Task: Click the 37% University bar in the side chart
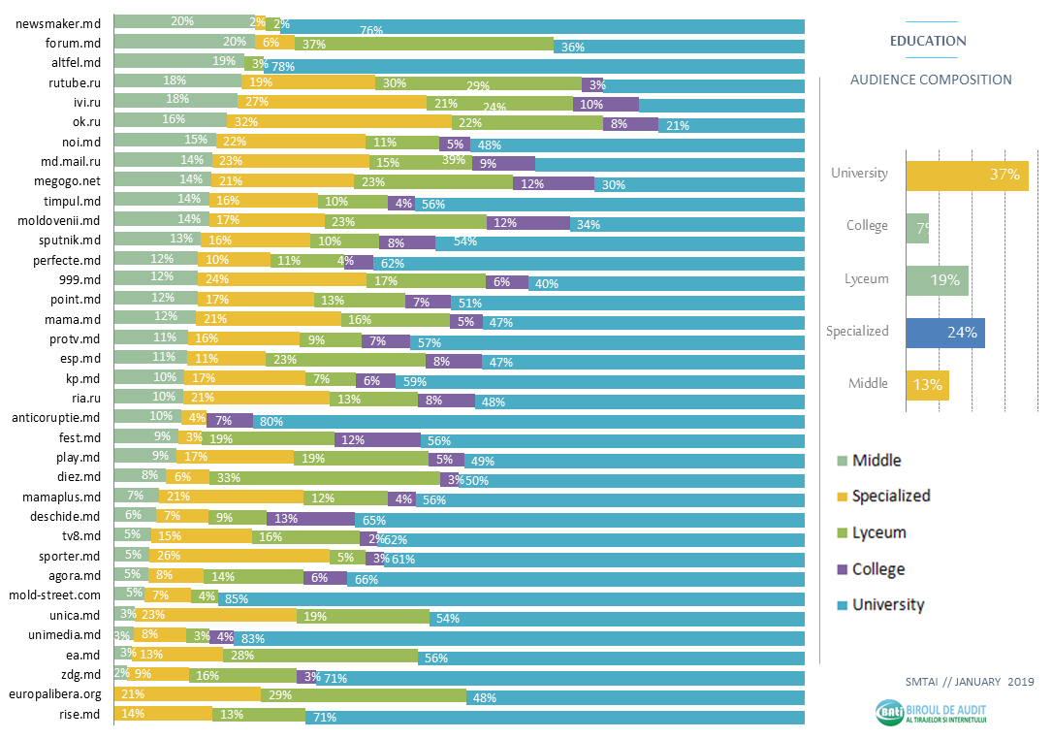(967, 175)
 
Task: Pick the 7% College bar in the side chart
(917, 227)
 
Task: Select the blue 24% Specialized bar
(945, 333)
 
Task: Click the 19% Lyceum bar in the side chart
(937, 280)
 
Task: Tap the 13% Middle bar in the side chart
(927, 385)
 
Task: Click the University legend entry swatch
(842, 606)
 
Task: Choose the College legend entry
(877, 569)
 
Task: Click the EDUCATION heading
(928, 42)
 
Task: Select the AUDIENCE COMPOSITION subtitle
(931, 80)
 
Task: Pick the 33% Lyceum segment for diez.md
(324, 476)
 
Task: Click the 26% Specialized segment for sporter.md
(239, 556)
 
